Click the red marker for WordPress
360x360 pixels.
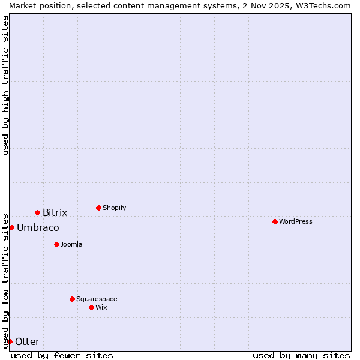pyautogui.click(x=275, y=221)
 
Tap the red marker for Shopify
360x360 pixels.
pyautogui.click(x=98, y=208)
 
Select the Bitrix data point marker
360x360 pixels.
pyautogui.click(x=37, y=212)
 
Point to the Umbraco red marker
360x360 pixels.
pyautogui.click(x=11, y=227)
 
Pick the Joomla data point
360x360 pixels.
pyautogui.click(x=56, y=244)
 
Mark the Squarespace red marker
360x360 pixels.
pyautogui.click(x=72, y=299)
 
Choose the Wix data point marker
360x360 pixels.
pyautogui.click(x=91, y=307)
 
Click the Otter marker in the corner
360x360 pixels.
pyautogui.click(x=10, y=341)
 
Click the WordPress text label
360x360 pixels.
pyautogui.click(x=296, y=221)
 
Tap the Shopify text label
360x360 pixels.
pyautogui.click(x=114, y=208)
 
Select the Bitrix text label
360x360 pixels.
pyautogui.click(x=55, y=212)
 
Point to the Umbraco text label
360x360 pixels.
pyautogui.click(x=38, y=227)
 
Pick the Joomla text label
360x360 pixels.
pyautogui.click(x=71, y=244)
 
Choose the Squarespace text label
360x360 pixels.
pyautogui.click(x=97, y=299)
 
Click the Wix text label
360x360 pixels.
pyautogui.click(x=101, y=307)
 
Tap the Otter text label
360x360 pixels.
pyautogui.click(x=27, y=341)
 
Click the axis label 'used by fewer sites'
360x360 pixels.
pyautogui.click(x=62, y=355)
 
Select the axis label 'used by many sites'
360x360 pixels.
pyautogui.click(x=301, y=355)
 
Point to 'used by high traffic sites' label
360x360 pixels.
pyautogui.click(x=5, y=85)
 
